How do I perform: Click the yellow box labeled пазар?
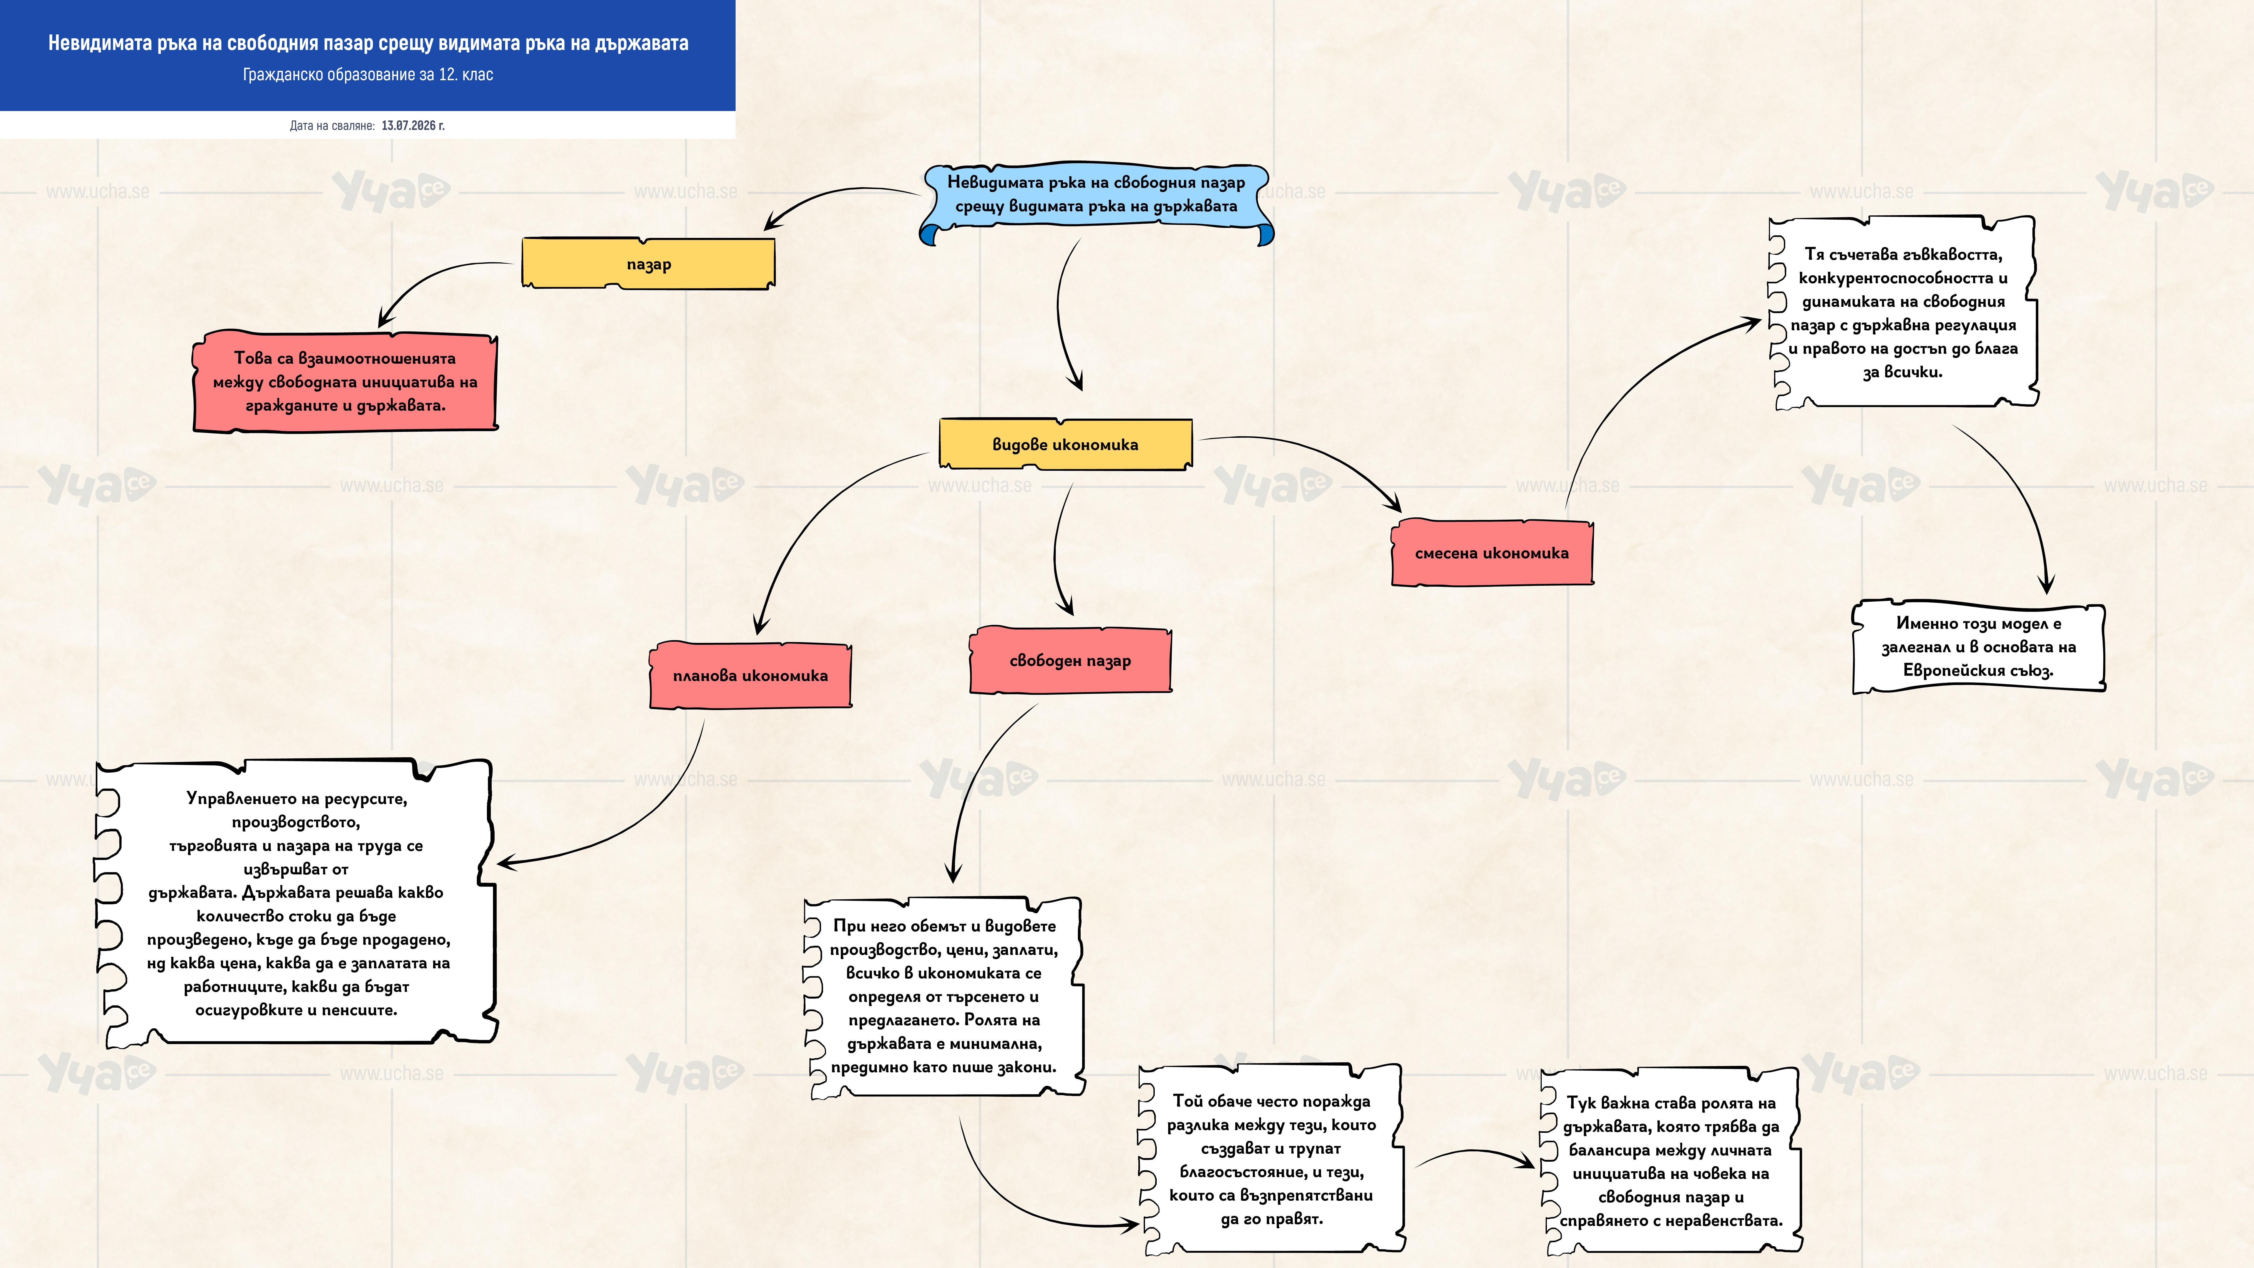pos(648,263)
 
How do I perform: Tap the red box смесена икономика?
pos(1492,552)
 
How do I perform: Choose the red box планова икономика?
pos(750,675)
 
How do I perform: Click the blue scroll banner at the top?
pos(1096,203)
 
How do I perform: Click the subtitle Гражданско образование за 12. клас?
pos(368,74)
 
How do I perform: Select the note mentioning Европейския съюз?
pos(1978,647)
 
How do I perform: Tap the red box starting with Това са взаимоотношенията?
pos(345,381)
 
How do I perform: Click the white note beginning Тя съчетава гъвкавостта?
pos(1903,312)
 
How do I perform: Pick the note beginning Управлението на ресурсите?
pos(296,902)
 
